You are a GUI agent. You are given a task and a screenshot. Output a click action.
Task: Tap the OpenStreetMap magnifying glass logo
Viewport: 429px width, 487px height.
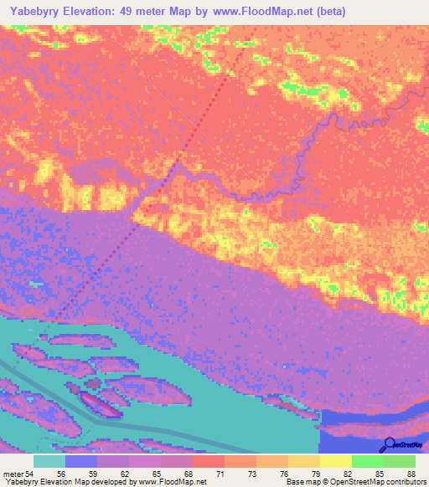point(388,444)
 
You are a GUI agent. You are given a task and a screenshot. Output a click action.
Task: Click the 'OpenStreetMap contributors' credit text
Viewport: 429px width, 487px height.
point(378,481)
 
